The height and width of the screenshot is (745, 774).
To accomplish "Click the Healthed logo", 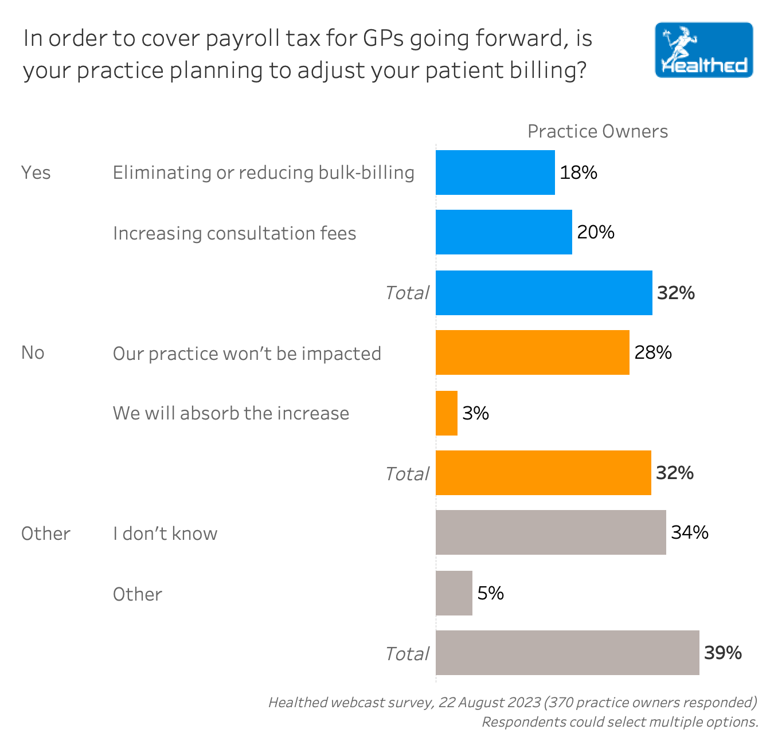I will point(703,50).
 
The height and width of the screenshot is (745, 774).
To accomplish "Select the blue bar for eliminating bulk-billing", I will point(495,172).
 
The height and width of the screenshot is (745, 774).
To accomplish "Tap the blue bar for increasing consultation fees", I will point(503,232).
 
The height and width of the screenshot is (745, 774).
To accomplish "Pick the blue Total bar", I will point(544,293).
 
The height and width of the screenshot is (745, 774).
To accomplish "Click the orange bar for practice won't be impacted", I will point(532,352).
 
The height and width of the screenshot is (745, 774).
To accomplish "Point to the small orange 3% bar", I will point(447,413).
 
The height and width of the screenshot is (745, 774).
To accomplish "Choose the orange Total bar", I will point(543,473).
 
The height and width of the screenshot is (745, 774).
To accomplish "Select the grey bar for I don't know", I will point(550,532).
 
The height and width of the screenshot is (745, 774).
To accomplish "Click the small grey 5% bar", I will point(454,593).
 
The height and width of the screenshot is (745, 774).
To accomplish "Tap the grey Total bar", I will point(567,653).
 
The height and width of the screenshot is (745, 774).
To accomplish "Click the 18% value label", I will point(578,172).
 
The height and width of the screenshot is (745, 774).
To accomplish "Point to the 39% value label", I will point(723,653).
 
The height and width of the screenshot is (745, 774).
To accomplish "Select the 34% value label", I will point(690,532).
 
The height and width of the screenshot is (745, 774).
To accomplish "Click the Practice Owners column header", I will point(597,131).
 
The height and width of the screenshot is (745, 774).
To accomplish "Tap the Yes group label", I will point(36,172).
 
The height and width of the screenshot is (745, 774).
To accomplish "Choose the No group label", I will point(33,352).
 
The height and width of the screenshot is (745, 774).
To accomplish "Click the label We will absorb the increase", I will point(231,413).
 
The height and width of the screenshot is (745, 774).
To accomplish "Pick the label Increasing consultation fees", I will point(234,233).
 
